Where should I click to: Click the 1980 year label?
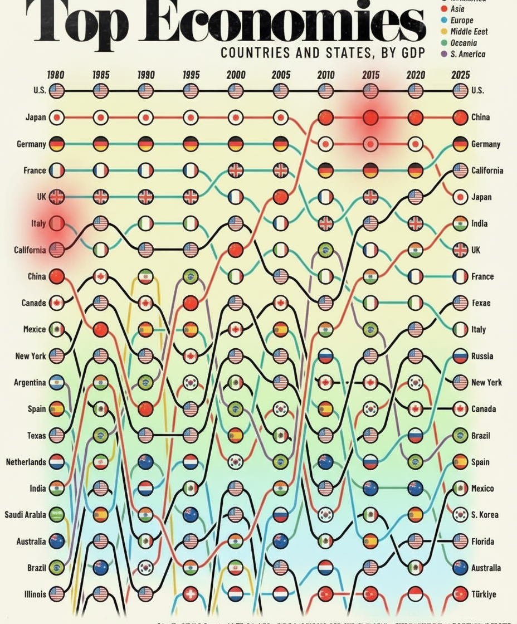pyautogui.click(x=55, y=75)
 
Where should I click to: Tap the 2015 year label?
pyautogui.click(x=370, y=75)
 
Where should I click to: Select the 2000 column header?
pyautogui.click(x=235, y=75)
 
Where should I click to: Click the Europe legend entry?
pyautogui.click(x=462, y=20)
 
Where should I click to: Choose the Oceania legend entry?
pyautogui.click(x=464, y=43)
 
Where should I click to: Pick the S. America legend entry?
pyautogui.click(x=467, y=54)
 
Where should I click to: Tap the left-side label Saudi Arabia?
pyautogui.click(x=26, y=514)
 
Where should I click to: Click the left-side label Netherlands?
pyautogui.click(x=26, y=462)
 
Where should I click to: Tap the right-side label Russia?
pyautogui.click(x=482, y=355)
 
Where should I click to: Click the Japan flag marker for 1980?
pyautogui.click(x=56, y=118)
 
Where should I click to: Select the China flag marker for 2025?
pyautogui.click(x=460, y=118)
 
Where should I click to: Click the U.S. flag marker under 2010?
pyautogui.click(x=325, y=91)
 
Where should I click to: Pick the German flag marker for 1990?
pyautogui.click(x=146, y=144)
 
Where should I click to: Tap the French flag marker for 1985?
pyautogui.click(x=101, y=170)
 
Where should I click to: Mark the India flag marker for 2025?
pyautogui.click(x=460, y=223)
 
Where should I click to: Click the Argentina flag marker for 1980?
pyautogui.click(x=56, y=382)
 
